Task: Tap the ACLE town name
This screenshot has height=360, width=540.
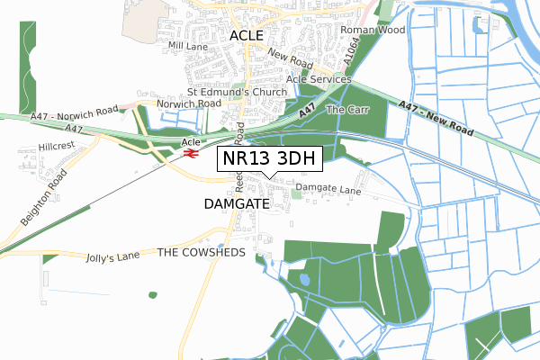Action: pos(246,35)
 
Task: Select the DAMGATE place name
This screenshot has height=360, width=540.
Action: pos(237,204)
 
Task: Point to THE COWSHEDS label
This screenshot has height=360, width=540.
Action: pos(202,253)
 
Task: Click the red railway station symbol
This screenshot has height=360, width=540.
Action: pos(191,154)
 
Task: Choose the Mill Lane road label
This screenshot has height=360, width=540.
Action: pos(187,44)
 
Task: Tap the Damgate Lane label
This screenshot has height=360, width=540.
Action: pos(328,189)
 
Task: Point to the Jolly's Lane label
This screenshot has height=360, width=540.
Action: pos(112,256)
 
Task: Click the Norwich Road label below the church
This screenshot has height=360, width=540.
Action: pos(188,104)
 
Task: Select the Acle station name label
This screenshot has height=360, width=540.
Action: pos(190,142)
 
